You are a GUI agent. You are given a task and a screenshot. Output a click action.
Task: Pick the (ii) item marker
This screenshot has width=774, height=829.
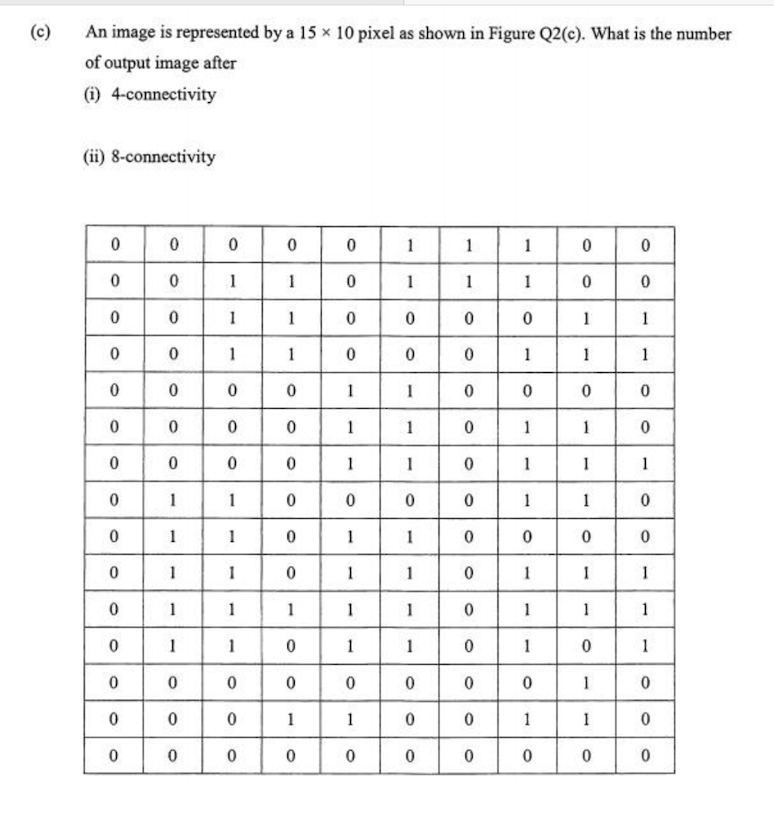[x=95, y=157]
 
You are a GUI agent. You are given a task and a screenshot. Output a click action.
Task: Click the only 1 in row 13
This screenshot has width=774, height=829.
[x=586, y=681]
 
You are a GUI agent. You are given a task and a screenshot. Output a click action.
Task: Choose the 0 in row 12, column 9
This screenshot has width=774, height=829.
[x=586, y=645]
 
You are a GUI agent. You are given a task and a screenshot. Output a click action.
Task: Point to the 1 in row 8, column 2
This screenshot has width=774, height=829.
[x=173, y=499]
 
